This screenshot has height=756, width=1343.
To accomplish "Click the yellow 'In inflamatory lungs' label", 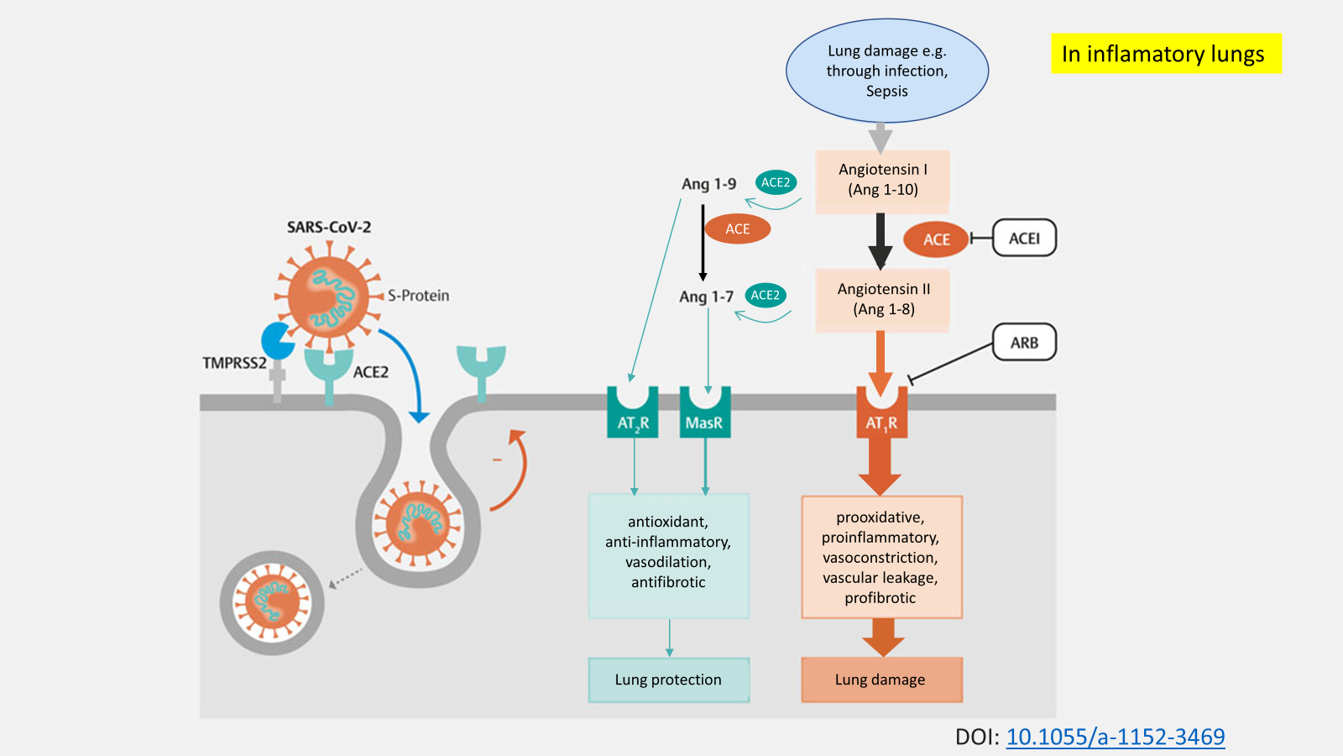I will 1165,54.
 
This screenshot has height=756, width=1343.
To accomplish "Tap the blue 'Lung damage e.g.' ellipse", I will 886,71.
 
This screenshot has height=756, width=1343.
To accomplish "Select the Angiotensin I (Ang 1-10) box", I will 882,180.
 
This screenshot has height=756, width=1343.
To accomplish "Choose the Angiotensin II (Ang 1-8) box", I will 883,299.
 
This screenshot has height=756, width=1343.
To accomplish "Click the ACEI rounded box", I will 1024,239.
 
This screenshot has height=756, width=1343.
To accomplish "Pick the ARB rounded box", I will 1024,343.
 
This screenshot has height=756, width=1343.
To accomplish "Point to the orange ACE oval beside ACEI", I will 936,239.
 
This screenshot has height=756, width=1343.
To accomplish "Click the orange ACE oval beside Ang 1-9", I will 737,228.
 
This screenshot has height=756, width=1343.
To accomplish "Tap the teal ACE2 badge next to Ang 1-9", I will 775,182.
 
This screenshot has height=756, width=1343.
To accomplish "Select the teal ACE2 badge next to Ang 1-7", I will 765,295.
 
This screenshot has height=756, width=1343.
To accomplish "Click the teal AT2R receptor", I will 633,415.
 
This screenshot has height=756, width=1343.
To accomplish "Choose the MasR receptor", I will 704,415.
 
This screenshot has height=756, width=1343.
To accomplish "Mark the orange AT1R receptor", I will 881,415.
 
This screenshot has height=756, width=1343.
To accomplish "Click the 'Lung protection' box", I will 668,680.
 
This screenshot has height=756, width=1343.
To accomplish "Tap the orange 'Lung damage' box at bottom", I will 881,680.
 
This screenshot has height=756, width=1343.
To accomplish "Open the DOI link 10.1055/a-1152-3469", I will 1115,737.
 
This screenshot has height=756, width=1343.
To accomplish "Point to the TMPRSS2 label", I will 233,363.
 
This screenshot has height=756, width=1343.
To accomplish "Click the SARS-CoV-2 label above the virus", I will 328,227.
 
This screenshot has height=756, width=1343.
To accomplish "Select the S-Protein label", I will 418,296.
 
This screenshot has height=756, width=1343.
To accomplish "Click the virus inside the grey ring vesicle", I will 272,602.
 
